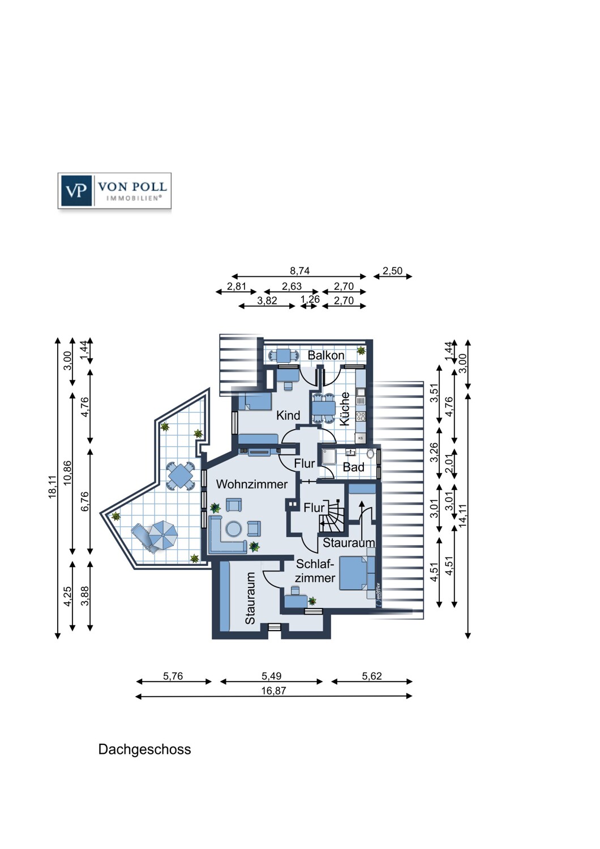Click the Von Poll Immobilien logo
point(114,191)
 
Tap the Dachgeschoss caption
point(144,749)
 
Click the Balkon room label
point(326,355)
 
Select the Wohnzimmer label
point(252,484)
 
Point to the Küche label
point(345,409)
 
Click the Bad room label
point(353,467)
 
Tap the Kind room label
point(288,415)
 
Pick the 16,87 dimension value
point(273,691)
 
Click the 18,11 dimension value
point(52,487)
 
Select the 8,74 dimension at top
point(300,271)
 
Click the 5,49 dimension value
point(271,676)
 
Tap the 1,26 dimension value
point(310,299)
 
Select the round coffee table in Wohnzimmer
point(234,529)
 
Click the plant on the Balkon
point(362,350)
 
